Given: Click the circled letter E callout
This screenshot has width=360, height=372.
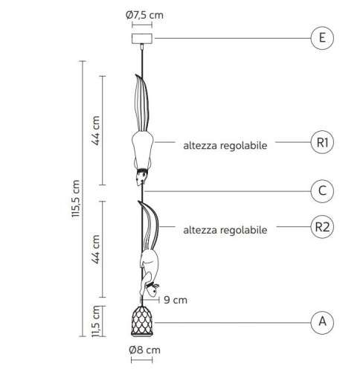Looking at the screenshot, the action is coord(322,38).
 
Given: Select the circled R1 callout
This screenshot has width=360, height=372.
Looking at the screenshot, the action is coord(322,142).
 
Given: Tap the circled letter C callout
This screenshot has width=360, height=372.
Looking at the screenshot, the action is coord(322,191).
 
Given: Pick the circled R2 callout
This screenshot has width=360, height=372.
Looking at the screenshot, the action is coord(322,227).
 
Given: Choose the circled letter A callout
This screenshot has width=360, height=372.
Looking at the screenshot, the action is coord(322,322).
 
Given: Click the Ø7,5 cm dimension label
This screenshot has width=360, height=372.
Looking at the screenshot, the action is coord(144,15).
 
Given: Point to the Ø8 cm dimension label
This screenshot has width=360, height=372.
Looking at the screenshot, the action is coord(144,350).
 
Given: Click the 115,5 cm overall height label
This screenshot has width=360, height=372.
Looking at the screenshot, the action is coord(75,199).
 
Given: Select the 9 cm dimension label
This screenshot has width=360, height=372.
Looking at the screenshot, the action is coord(176,300).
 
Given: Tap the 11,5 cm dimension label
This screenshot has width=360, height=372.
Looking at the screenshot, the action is coord(95,321).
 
